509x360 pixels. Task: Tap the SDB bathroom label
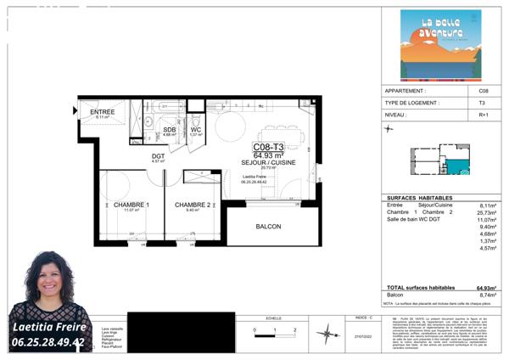169,129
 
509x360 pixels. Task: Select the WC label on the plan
195,129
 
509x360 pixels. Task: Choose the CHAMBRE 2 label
193,205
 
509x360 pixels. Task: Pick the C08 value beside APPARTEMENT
484,90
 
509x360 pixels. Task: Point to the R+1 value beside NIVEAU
484,114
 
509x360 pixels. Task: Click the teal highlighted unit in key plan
457,167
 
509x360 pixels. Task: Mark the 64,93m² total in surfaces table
486,288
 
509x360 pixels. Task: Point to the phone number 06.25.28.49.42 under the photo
49,343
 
